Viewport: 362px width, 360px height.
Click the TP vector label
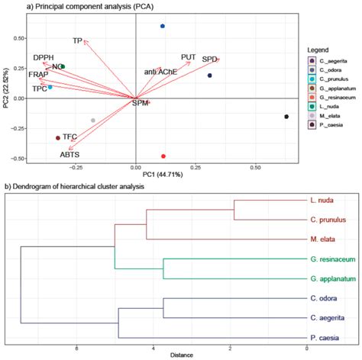coord(77,40)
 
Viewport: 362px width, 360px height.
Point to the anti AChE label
coord(160,72)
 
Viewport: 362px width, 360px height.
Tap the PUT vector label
coord(189,57)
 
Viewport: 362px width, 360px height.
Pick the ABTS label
coord(71,154)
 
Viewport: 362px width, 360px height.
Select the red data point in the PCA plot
coord(163,156)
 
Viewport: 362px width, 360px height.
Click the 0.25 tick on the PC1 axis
coord(195,166)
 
